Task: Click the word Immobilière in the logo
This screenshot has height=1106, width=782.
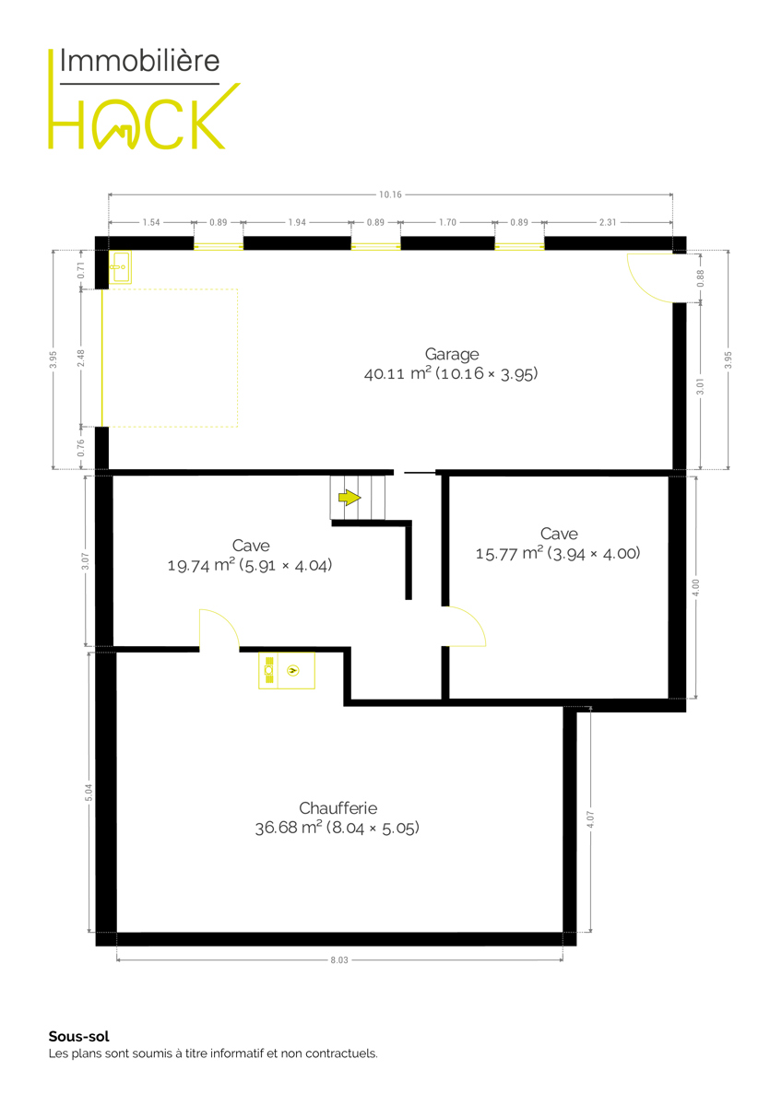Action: click(x=139, y=61)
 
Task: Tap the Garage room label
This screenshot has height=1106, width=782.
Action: click(x=452, y=355)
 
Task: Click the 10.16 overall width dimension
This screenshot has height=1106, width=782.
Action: click(x=390, y=194)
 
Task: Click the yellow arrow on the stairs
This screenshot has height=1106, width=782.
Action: click(x=350, y=497)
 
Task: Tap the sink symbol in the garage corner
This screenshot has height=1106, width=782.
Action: click(x=120, y=267)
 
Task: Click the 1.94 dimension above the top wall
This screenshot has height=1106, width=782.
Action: click(x=297, y=222)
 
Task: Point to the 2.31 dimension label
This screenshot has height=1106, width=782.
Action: click(x=608, y=222)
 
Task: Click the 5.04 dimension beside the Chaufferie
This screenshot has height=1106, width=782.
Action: click(x=89, y=793)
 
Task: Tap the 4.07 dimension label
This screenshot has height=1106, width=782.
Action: click(x=590, y=819)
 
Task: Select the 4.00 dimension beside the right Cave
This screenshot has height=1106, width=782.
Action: click(x=696, y=588)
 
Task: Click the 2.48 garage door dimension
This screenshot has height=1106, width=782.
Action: click(x=81, y=358)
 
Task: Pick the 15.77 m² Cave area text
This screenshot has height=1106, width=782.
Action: click(x=558, y=553)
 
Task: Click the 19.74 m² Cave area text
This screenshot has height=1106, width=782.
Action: click(x=250, y=565)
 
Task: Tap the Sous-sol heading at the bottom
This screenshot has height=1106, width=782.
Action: click(x=79, y=1036)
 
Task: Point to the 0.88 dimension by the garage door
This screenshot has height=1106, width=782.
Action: click(x=700, y=278)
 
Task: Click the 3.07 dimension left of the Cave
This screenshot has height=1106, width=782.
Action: click(x=86, y=561)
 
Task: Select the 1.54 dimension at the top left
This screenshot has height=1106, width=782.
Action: click(x=151, y=222)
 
